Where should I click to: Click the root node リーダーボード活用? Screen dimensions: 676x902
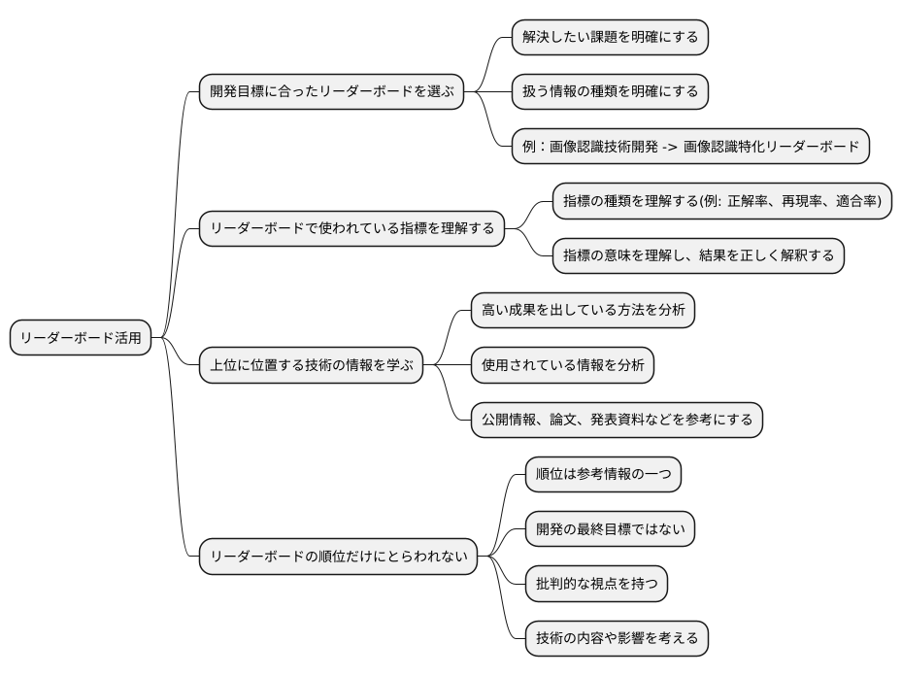click(x=82, y=339)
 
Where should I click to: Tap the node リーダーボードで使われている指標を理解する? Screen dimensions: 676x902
click(x=351, y=229)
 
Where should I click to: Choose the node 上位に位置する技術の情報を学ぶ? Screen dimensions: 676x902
click(x=312, y=365)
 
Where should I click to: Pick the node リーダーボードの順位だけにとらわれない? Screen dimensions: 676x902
click(x=338, y=558)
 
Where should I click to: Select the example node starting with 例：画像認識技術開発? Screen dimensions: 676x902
click(x=690, y=148)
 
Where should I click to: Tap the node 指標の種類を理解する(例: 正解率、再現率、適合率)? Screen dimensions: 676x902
click(x=722, y=201)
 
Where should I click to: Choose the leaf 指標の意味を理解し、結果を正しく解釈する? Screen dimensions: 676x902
click(x=698, y=256)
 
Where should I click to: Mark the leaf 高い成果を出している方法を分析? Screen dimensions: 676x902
click(x=583, y=311)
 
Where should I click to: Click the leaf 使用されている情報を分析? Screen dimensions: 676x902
click(x=562, y=365)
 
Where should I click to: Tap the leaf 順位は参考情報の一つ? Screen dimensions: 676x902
click(x=602, y=475)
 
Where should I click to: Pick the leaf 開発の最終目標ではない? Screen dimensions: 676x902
click(x=615, y=530)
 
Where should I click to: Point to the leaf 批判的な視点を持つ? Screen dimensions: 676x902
click(x=595, y=585)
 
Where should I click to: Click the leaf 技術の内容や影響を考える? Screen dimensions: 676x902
click(x=616, y=640)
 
